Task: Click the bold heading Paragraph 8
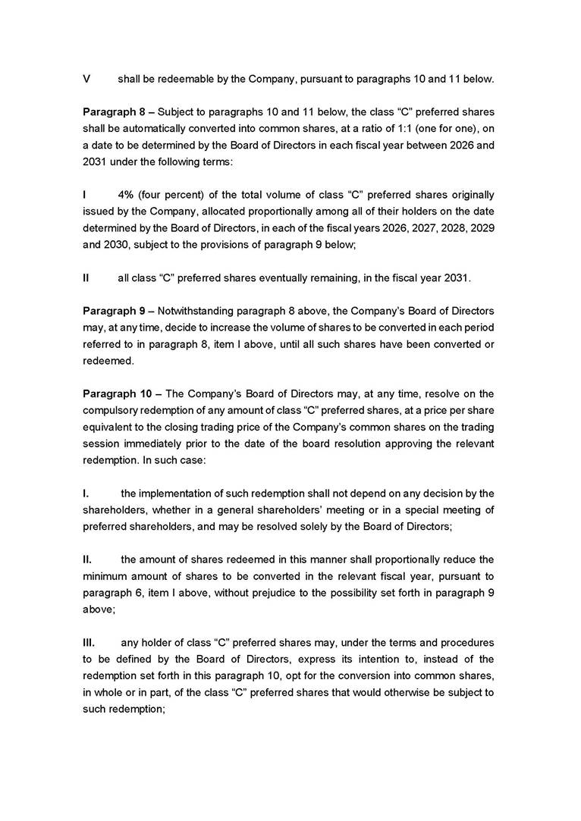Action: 115,111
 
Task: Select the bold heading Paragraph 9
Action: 115,312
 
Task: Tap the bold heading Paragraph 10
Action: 118,393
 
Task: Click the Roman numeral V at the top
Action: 86,79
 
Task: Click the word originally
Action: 471,195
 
